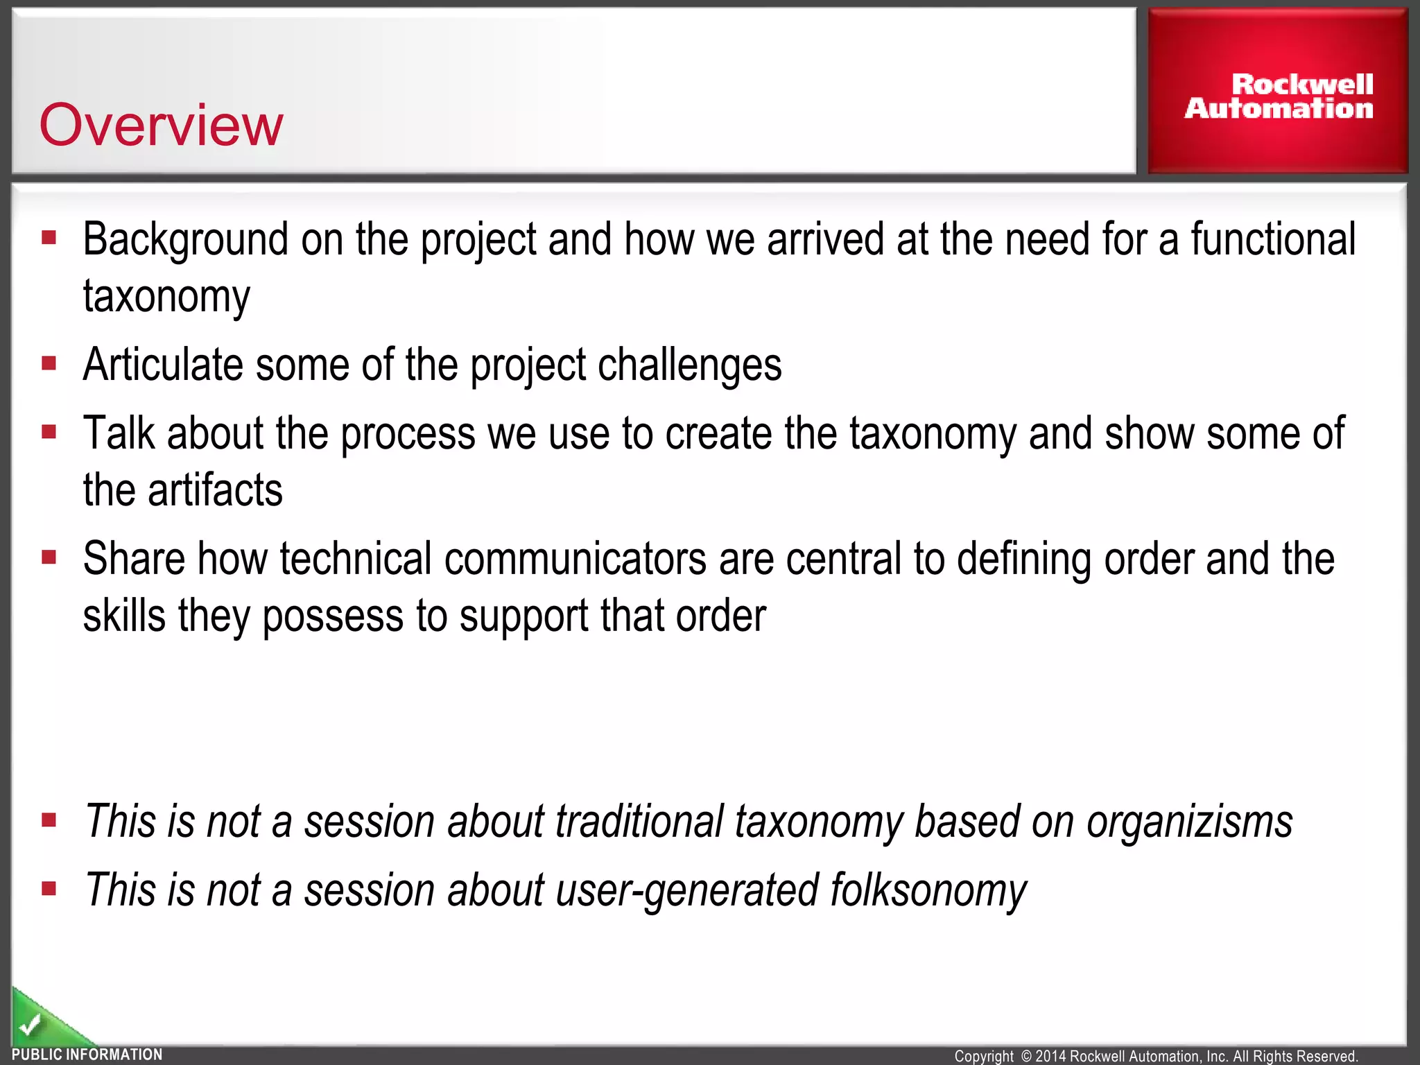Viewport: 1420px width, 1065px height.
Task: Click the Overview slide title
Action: click(161, 125)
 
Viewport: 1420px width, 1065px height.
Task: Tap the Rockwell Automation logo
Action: click(1279, 96)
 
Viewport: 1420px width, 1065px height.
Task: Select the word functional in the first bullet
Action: click(1273, 240)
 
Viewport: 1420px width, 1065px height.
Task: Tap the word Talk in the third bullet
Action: click(119, 433)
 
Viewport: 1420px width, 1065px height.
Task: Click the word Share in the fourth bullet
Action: click(134, 559)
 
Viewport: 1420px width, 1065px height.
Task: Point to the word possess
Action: click(333, 616)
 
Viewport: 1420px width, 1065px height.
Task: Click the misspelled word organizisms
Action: click(1189, 822)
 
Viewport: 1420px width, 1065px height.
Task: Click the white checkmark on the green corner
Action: click(30, 1023)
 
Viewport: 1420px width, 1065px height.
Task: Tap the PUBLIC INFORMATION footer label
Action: click(87, 1055)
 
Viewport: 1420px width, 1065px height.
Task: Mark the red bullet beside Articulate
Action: click(49, 363)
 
